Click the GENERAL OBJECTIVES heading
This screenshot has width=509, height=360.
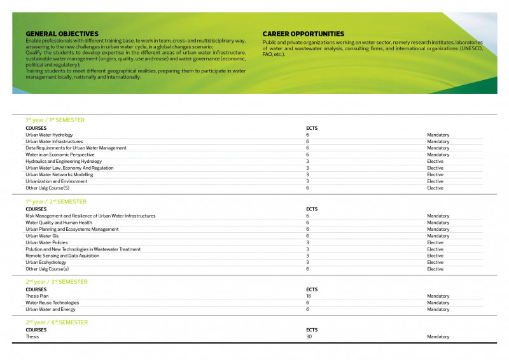click(x=62, y=34)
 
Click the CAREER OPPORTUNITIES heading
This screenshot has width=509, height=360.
click(x=303, y=34)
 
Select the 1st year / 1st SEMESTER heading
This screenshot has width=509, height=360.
click(x=55, y=120)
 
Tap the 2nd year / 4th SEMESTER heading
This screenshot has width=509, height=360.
click(x=57, y=322)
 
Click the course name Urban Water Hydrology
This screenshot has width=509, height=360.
click(x=49, y=135)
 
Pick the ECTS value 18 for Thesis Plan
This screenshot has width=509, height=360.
click(x=309, y=296)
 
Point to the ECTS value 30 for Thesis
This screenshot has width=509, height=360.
click(x=309, y=336)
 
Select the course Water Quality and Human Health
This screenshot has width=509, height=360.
click(x=59, y=223)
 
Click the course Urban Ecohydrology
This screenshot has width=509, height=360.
click(x=46, y=262)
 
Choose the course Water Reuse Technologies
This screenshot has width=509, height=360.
click(x=52, y=303)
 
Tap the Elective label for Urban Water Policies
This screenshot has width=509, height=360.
click(x=435, y=242)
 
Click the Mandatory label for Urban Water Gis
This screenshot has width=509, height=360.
click(x=438, y=236)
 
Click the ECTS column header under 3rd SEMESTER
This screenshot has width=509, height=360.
click(x=312, y=289)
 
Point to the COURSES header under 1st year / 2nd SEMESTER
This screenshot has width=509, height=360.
click(x=36, y=209)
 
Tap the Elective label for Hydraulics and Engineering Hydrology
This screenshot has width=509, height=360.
click(x=435, y=162)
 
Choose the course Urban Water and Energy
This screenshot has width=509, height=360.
click(x=50, y=309)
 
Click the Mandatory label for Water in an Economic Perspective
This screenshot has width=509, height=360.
click(x=438, y=155)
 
